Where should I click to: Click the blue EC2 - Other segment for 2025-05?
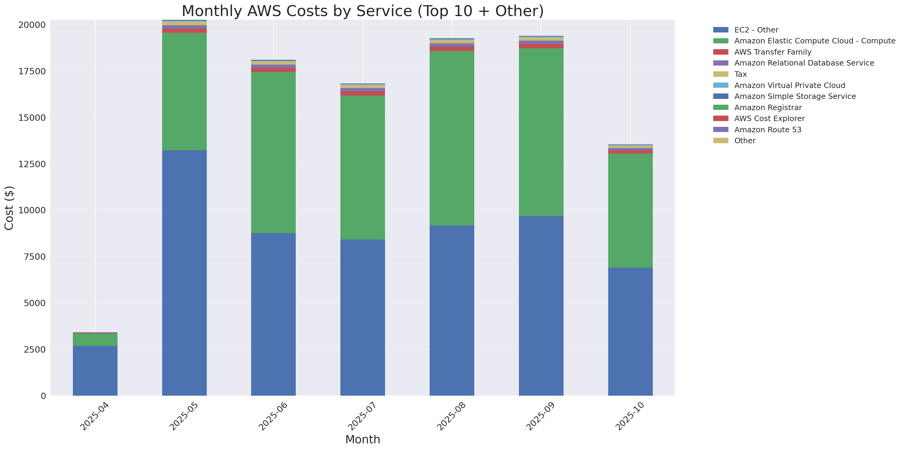click(184, 273)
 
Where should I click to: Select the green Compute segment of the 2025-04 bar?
click(95, 340)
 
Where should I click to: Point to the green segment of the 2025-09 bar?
click(541, 132)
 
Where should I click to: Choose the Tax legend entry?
click(740, 74)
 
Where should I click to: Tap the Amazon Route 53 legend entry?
click(767, 130)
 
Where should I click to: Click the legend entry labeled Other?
click(745, 141)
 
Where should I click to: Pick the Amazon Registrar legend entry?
click(768, 107)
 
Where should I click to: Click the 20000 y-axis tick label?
click(32, 25)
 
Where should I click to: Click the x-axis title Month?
click(363, 439)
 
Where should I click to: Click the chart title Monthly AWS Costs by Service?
click(363, 11)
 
